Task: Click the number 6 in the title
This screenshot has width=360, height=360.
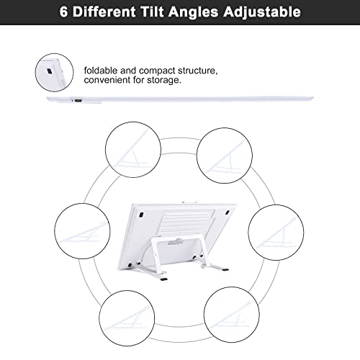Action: point(63,12)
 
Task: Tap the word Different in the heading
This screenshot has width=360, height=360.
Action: point(104,12)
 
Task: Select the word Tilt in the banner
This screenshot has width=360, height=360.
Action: point(152,12)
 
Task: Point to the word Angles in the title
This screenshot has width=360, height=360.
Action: point(193,12)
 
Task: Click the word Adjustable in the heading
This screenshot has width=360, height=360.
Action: point(262,12)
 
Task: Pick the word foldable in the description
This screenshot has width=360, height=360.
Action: point(101,71)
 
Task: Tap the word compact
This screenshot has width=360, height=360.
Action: point(157,71)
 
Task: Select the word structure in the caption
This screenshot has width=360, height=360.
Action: point(197,71)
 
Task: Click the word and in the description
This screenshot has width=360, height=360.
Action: point(128,71)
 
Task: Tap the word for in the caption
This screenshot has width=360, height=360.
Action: point(139,80)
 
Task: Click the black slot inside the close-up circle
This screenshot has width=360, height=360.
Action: point(50,71)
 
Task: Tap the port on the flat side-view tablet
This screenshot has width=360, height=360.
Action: point(78,100)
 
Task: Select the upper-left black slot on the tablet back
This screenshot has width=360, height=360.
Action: point(141,215)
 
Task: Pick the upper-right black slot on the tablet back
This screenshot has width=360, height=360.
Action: point(228,212)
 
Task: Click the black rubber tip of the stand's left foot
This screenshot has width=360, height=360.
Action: point(164,279)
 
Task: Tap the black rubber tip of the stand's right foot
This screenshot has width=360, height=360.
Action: point(225,270)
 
